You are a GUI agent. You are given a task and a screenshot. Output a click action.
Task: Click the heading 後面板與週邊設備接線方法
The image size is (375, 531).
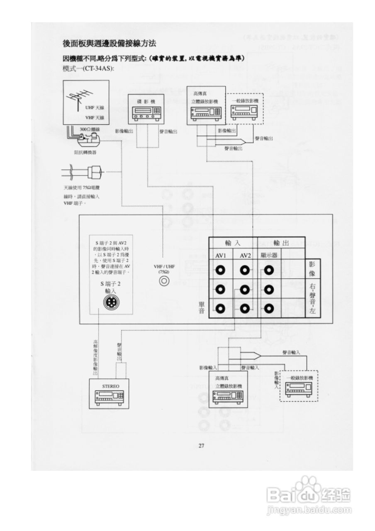pos(109,43)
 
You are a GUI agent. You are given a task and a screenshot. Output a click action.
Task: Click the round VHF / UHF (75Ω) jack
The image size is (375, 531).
pos(164,281)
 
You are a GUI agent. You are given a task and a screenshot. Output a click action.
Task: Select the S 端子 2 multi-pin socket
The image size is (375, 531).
pos(111,303)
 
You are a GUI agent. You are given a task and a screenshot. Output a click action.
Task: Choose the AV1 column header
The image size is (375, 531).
pos(220,256)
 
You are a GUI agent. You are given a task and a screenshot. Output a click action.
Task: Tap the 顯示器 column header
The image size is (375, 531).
pos(269,256)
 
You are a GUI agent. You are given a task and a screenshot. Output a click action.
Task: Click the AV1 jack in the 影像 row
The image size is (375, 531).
pos(220,270)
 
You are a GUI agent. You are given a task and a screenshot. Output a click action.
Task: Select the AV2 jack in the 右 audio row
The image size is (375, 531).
pos(245,289)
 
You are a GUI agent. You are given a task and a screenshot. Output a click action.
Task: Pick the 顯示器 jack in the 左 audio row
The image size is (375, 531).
pos(269,308)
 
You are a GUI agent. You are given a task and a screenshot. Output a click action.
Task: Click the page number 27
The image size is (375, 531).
pos(201,446)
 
